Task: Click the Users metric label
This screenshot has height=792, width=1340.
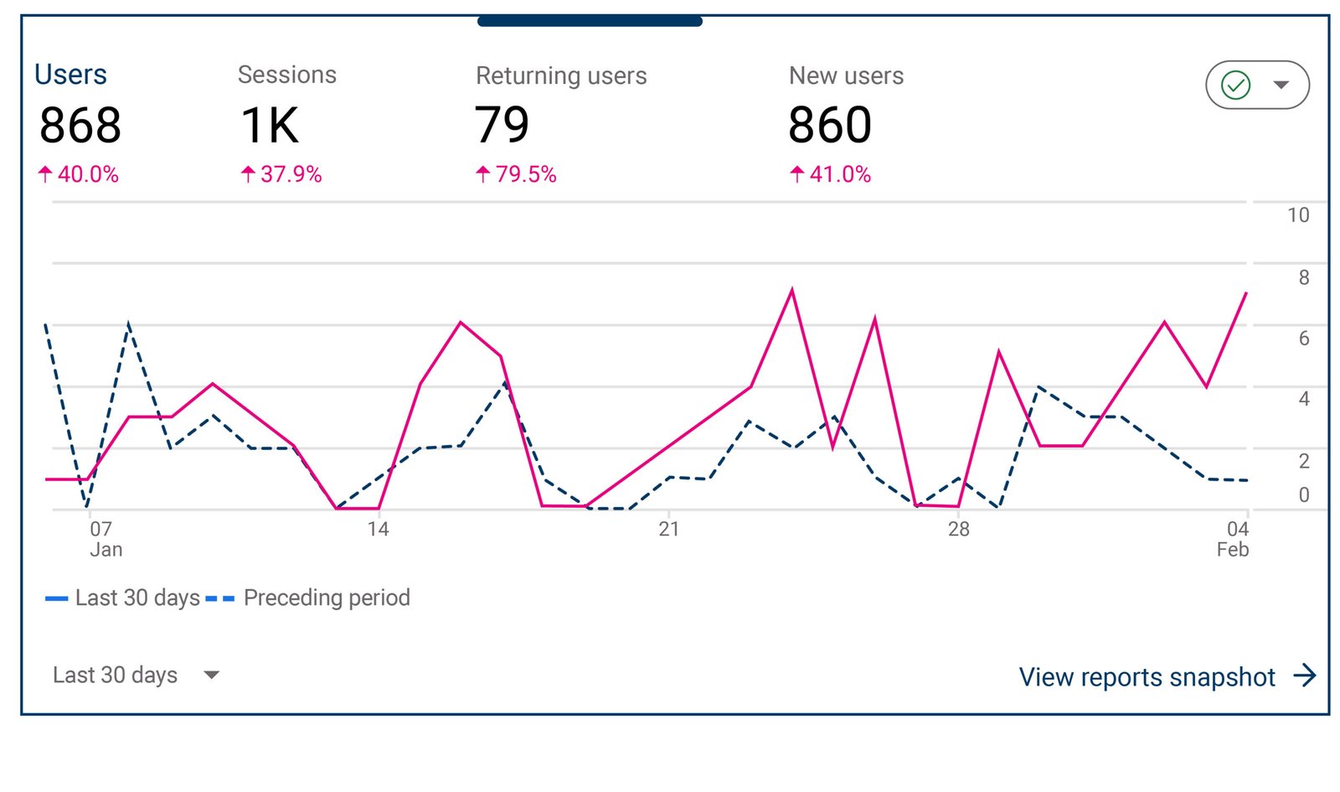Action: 70,75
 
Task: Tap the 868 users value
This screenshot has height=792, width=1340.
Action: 80,126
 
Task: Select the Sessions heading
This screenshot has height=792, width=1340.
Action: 286,75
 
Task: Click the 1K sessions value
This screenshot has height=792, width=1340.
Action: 270,126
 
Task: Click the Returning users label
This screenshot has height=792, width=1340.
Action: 560,75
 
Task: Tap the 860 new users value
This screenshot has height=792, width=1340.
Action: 829,126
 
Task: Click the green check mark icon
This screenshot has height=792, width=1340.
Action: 1235,85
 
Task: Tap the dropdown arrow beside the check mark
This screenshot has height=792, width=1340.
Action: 1281,85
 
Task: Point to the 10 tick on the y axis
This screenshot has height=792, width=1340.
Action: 1297,215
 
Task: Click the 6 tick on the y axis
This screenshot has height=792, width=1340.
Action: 1303,339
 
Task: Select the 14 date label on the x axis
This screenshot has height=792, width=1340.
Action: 378,529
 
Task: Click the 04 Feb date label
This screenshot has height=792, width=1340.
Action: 1234,539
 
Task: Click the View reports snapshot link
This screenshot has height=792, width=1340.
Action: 1165,676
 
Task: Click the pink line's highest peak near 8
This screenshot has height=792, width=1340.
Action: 791,290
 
